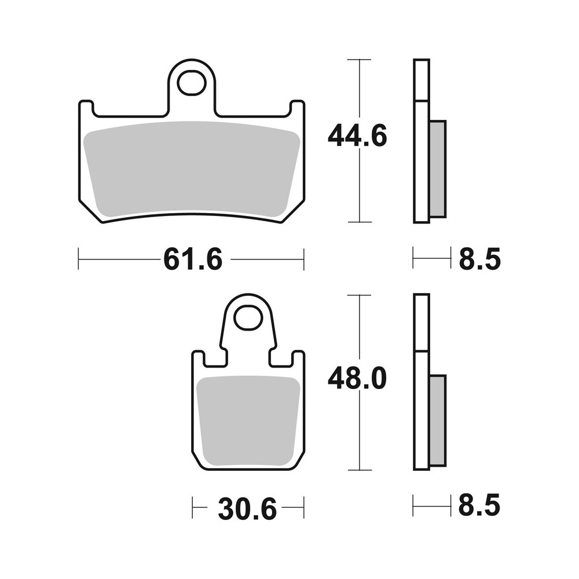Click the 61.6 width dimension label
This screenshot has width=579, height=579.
click(192, 259)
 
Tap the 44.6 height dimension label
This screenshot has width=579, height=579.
click(357, 137)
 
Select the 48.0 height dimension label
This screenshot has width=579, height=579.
click(357, 379)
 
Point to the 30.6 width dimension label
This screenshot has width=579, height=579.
click(248, 509)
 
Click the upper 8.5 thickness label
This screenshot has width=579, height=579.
click(479, 259)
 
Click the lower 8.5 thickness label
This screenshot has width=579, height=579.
click(479, 507)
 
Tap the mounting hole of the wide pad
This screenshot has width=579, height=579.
click(192, 83)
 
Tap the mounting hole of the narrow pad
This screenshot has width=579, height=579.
click(248, 318)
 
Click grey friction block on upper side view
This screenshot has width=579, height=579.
click(438, 168)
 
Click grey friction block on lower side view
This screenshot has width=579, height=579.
click(438, 420)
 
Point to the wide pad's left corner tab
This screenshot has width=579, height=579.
click(86, 108)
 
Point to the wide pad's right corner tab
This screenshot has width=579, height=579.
click(297, 108)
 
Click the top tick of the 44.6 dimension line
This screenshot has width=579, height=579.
click(360, 60)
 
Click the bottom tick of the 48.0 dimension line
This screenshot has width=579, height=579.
click(360, 470)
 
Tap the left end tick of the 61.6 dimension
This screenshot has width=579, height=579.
click(79, 259)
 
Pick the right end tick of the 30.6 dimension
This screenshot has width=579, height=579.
click(303, 507)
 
